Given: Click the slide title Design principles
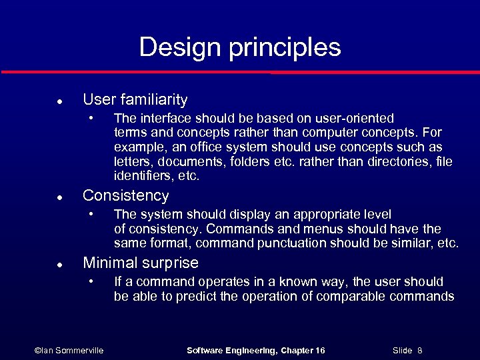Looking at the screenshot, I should [240, 47].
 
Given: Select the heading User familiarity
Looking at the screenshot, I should [135, 100].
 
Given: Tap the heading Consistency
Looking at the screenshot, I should [125, 196].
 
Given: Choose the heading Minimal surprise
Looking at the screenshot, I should [140, 263].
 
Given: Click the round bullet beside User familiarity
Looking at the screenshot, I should [59, 102].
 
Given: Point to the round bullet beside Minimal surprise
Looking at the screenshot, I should [59, 265].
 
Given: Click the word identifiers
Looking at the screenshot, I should [141, 177].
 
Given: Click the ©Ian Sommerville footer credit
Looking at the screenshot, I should [69, 350].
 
